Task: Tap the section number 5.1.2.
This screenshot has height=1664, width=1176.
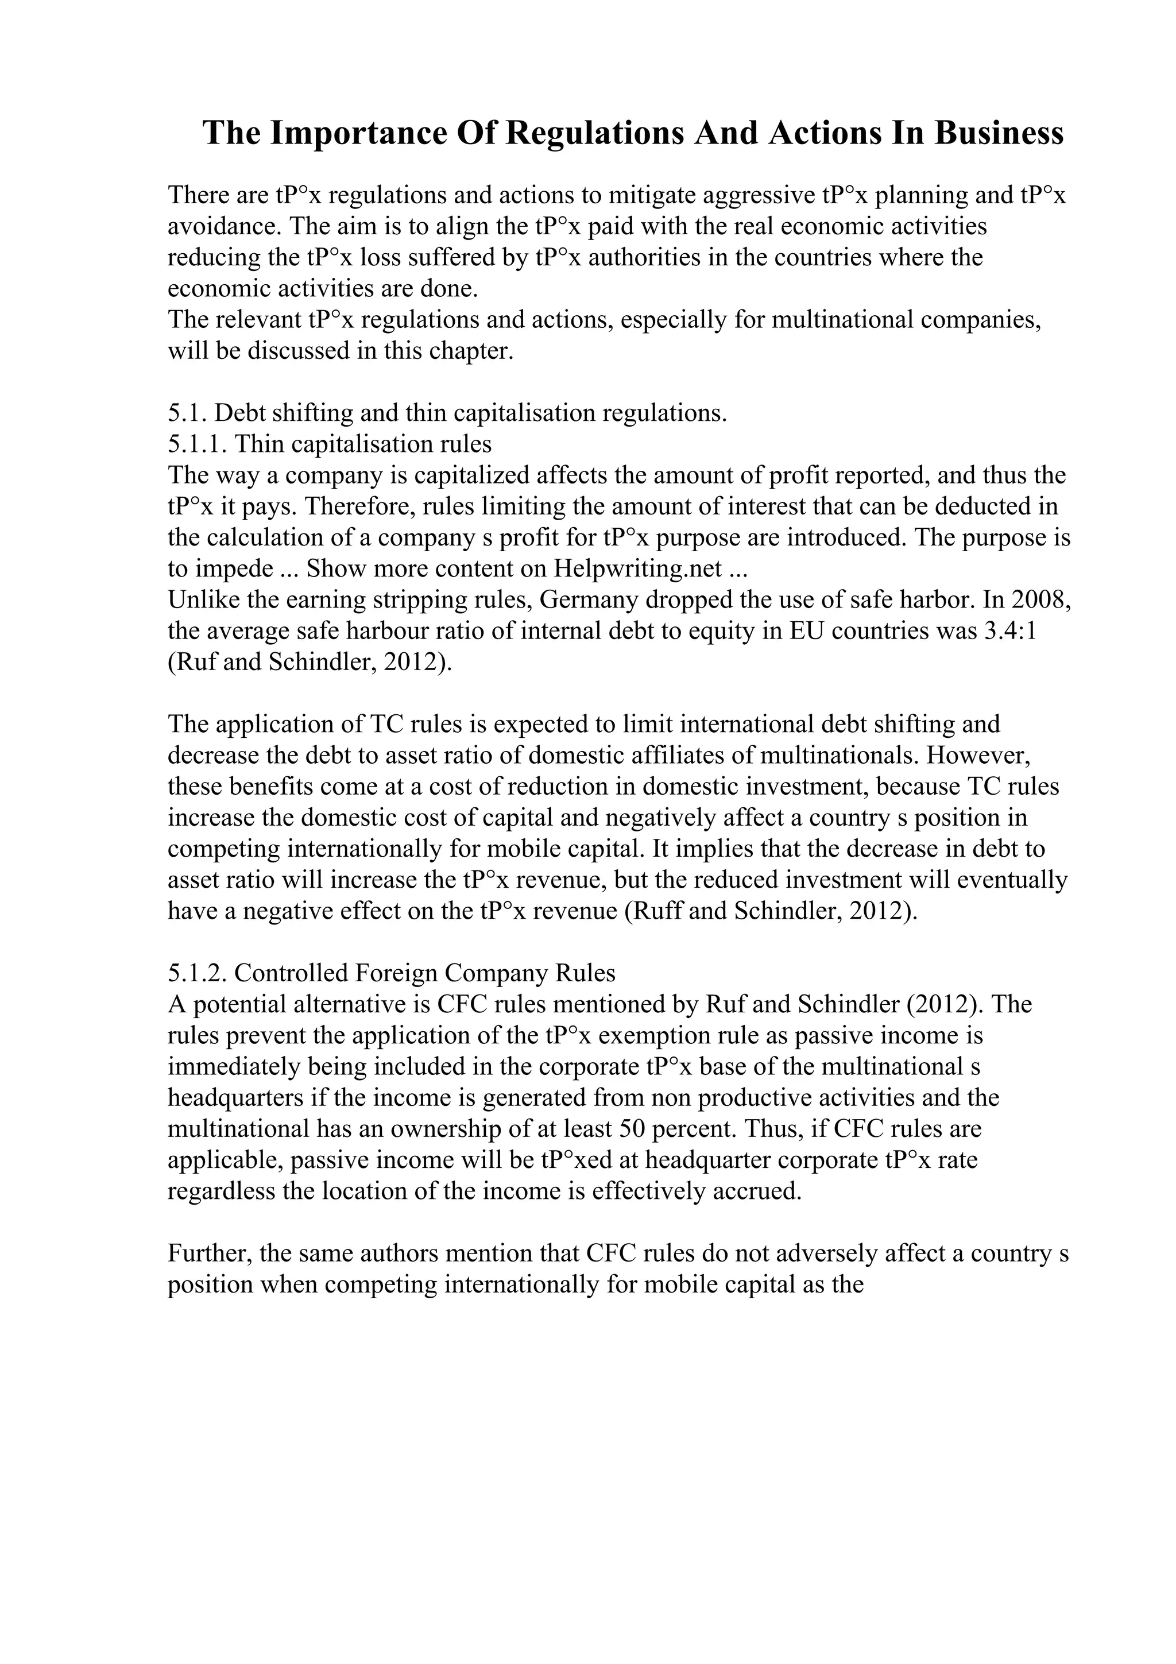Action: point(197,973)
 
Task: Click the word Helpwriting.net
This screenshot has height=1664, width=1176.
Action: point(637,568)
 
